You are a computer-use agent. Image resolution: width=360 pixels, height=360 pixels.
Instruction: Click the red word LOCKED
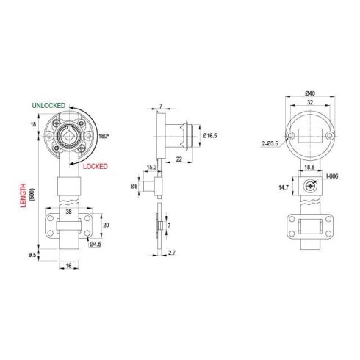tap(95, 167)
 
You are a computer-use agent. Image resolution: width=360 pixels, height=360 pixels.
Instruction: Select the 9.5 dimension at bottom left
tap(32, 255)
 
